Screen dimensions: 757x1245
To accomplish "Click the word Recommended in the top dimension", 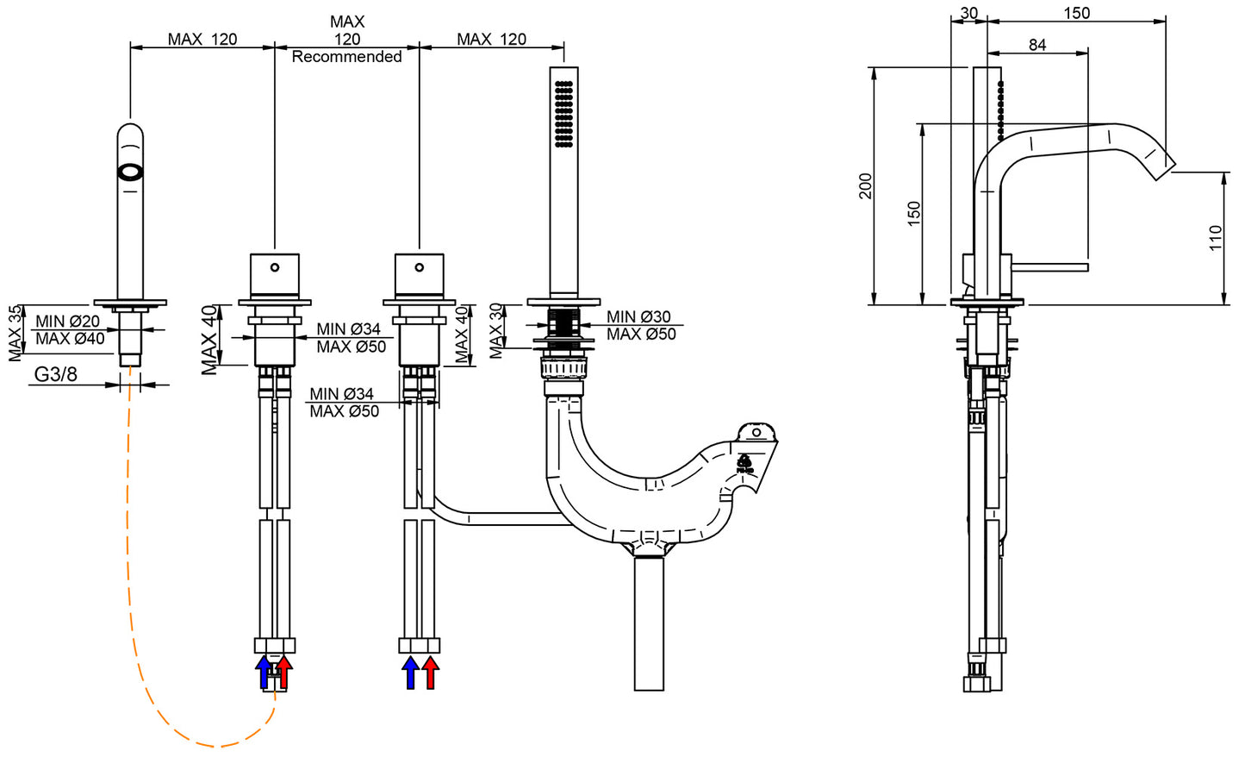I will tap(346, 57).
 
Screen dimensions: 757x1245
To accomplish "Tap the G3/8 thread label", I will tap(56, 374).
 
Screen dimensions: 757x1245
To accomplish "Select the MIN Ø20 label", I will tap(67, 322).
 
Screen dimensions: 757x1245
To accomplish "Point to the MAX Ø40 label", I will tap(70, 339).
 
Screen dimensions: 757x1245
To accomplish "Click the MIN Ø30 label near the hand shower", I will tap(638, 317).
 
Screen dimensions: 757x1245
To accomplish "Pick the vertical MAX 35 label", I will tap(15, 333).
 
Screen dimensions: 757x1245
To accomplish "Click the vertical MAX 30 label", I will tap(496, 330).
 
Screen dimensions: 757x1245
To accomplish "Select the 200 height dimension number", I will tap(865, 186).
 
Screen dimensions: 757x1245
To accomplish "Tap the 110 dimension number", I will tap(1215, 238).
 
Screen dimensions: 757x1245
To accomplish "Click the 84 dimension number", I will tap(1037, 45).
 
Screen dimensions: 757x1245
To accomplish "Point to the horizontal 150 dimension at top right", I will tap(1076, 13).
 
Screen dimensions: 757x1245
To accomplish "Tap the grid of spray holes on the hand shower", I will tap(564, 114).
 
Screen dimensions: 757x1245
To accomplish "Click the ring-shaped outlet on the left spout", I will tap(130, 171).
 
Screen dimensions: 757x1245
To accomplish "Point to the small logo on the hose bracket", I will tap(744, 466).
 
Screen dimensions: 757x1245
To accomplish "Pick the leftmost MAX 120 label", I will tap(202, 39).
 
